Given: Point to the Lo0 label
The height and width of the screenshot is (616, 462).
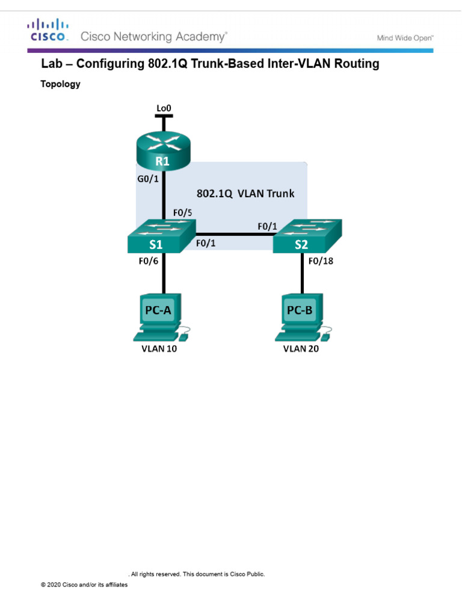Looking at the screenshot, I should (164, 108).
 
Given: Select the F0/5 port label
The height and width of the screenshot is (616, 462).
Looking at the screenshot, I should (182, 212).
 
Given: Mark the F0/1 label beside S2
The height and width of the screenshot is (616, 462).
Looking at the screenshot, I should (267, 226).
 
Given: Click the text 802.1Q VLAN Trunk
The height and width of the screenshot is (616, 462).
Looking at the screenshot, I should (245, 194).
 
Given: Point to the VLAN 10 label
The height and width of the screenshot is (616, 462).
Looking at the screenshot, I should (159, 349).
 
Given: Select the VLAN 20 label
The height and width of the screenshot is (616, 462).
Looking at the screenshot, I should (301, 349).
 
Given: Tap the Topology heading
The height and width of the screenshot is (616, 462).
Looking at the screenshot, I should (60, 84).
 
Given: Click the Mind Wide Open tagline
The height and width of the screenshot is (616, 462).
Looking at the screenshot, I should (405, 38).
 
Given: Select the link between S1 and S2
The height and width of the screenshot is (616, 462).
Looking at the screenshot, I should (235, 235).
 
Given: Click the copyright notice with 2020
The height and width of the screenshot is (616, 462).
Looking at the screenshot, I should (84, 584).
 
